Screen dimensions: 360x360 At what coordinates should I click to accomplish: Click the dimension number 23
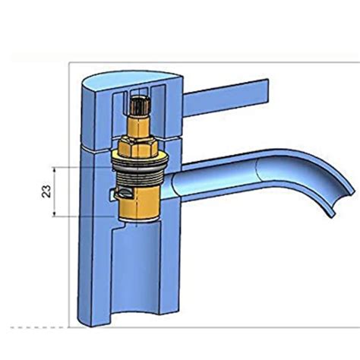pos(45,191)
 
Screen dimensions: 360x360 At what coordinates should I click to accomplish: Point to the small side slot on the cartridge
pos(115,196)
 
